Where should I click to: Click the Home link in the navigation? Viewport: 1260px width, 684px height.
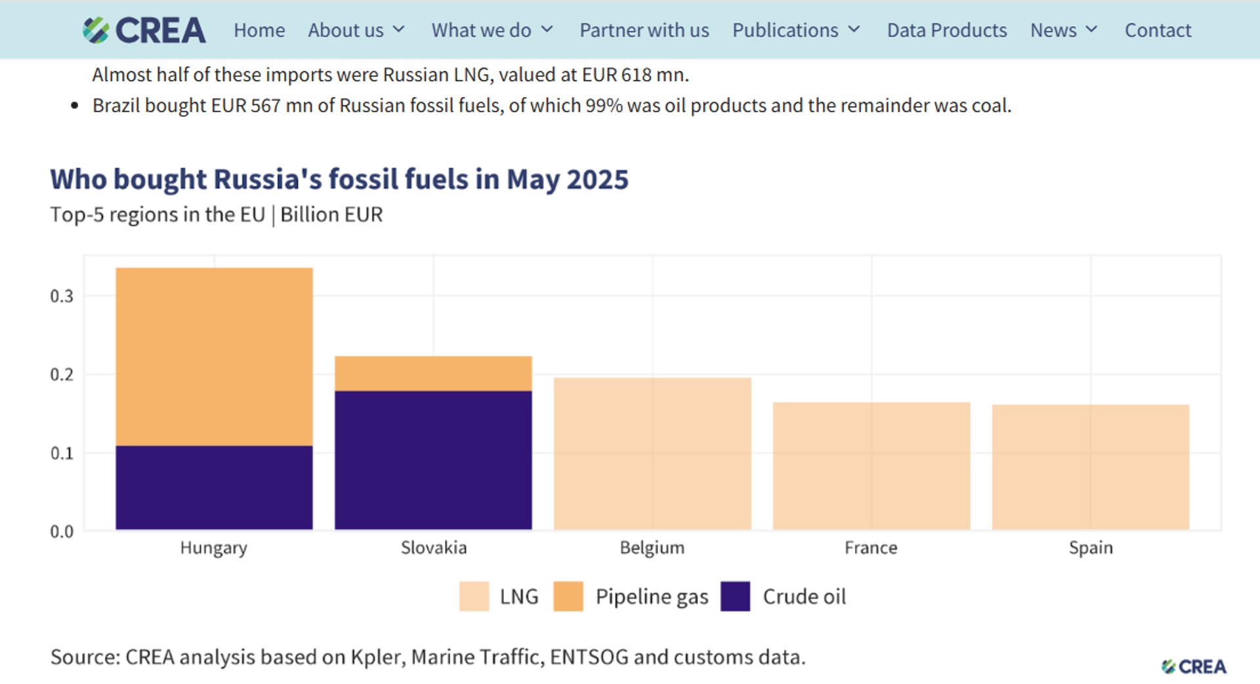tap(259, 30)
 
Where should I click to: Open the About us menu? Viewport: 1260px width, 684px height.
tap(356, 30)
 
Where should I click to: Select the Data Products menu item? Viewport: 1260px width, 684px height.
tap(946, 30)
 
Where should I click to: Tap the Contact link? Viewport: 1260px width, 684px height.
tap(1158, 30)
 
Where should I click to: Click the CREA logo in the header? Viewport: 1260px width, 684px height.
tap(144, 30)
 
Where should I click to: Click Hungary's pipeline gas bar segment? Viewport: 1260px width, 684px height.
tap(214, 356)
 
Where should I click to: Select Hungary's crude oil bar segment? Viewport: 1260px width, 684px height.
tap(214, 487)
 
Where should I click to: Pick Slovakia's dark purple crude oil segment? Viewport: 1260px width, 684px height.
tap(433, 460)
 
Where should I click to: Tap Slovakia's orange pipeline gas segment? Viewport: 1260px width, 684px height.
tap(433, 373)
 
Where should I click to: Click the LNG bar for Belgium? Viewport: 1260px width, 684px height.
tap(652, 453)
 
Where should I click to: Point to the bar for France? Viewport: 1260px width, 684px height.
tap(871, 466)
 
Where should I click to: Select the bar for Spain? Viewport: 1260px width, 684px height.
tap(1090, 467)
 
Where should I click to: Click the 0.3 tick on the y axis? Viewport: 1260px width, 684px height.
tap(62, 296)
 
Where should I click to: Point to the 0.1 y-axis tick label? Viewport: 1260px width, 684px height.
tap(62, 453)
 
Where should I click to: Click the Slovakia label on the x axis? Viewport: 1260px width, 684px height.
tap(433, 548)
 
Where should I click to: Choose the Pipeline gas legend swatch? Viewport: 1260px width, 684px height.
tap(568, 596)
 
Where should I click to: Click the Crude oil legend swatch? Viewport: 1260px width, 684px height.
tap(735, 596)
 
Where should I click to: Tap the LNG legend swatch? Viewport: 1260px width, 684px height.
tap(474, 596)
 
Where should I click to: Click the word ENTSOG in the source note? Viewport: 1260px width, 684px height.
tap(589, 656)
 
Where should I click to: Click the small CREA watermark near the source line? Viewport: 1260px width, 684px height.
tap(1194, 666)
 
